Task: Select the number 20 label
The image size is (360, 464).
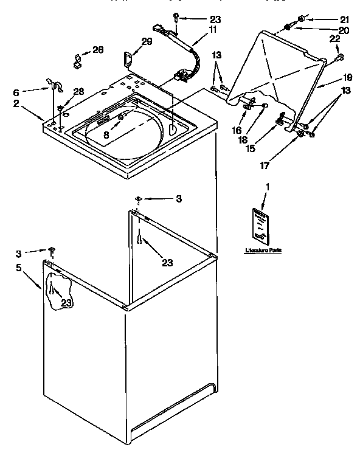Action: coord(327,30)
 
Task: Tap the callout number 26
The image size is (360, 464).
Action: coord(98,49)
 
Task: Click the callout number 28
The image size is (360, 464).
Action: coord(78,92)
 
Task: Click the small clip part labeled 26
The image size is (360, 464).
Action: coord(78,58)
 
